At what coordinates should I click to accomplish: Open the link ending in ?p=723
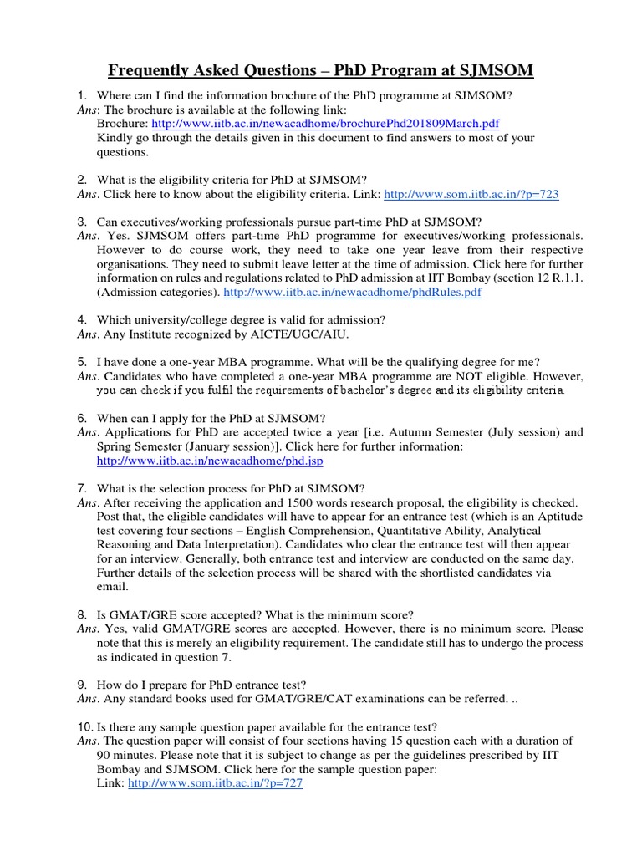pos(471,195)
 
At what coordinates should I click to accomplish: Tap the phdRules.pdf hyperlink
pos(352,293)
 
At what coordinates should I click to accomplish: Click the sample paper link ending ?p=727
pos(215,783)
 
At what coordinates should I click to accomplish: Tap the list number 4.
pos(82,319)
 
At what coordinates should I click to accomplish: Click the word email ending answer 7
pos(113,587)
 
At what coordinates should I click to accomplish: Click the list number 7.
pos(82,488)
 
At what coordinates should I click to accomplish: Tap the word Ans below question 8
pos(86,629)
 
